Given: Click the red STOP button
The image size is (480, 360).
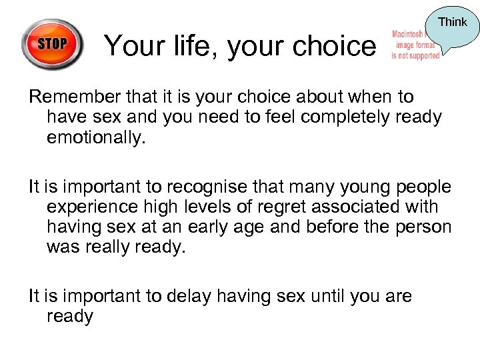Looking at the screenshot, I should tap(52, 45).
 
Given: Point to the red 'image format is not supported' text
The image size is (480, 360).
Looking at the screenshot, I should tap(415, 45).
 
